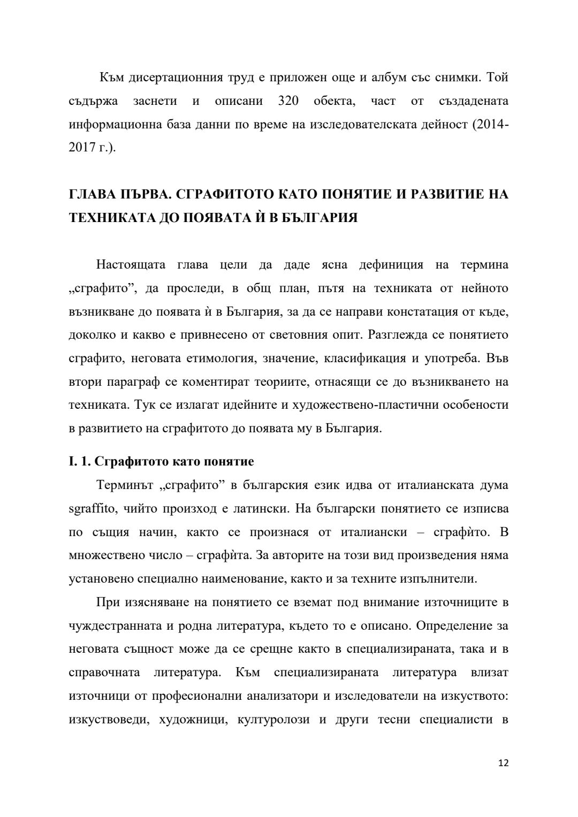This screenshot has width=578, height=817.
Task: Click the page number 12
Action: (503, 763)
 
